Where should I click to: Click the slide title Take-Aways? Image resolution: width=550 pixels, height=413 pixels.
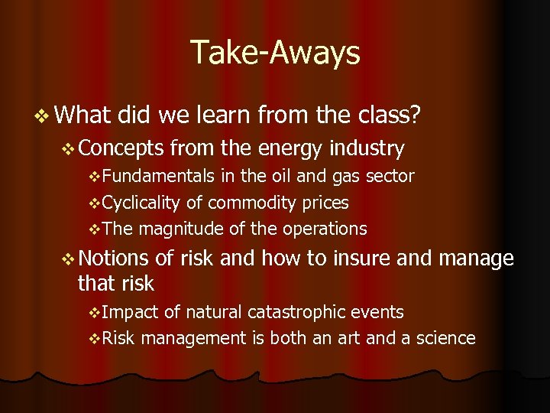pyautogui.click(x=275, y=52)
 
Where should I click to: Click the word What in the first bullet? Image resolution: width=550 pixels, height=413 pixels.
pyautogui.click(x=83, y=115)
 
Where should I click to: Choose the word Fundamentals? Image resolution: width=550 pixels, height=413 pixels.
pyautogui.click(x=158, y=176)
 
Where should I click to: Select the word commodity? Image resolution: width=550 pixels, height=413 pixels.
pyautogui.click(x=244, y=203)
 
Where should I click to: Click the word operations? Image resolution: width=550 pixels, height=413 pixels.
pyautogui.click(x=326, y=229)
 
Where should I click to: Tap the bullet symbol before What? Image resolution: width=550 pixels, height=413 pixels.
pyautogui.click(x=40, y=115)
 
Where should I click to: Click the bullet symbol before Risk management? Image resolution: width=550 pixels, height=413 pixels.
pyautogui.click(x=94, y=338)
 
